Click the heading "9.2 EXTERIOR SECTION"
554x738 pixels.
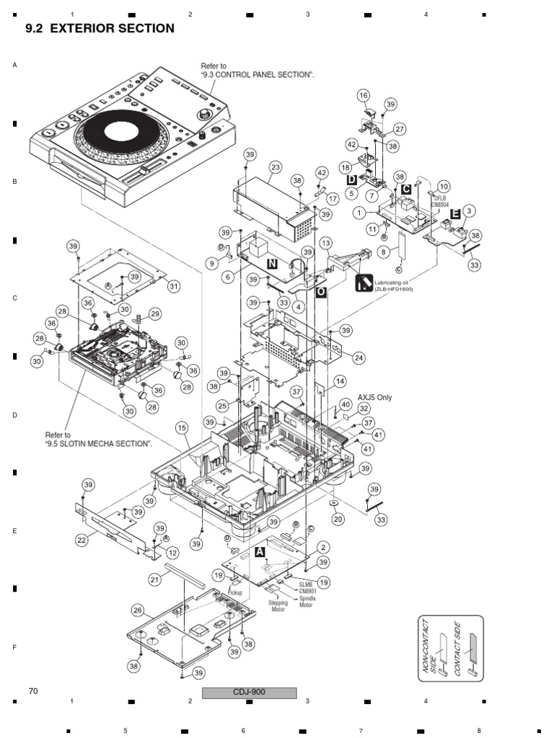(100, 29)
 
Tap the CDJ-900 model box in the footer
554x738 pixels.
(249, 693)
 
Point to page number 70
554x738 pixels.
(32, 691)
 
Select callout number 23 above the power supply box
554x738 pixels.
(275, 166)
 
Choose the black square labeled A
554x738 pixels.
(260, 551)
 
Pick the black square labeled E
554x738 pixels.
(455, 213)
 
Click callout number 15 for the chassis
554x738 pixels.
(181, 427)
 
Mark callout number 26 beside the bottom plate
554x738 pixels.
(137, 610)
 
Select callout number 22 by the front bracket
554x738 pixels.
(82, 539)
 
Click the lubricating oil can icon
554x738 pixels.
(364, 283)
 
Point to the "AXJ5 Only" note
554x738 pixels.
(375, 397)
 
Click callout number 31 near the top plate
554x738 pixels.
(173, 286)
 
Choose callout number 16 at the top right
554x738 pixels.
(363, 95)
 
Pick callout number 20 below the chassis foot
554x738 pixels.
(338, 519)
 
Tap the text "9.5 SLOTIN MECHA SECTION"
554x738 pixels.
(99, 444)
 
